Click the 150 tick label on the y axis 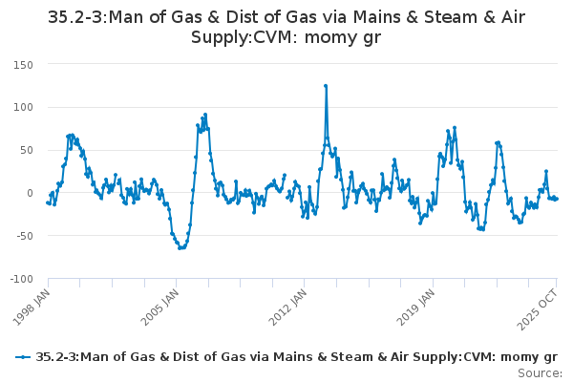(x=23, y=65)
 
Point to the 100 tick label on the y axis (x=23, y=108)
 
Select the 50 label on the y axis (x=26, y=150)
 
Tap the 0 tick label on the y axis (x=30, y=193)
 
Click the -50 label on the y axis (x=24, y=236)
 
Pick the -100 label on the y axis (x=22, y=279)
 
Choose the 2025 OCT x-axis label (x=538, y=309)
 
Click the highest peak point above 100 (x=326, y=86)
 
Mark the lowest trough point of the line (x=180, y=248)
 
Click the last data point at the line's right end (x=557, y=199)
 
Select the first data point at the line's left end (x=48, y=202)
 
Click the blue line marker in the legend (x=23, y=357)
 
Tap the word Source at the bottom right (x=540, y=373)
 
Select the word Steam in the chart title (x=450, y=17)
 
